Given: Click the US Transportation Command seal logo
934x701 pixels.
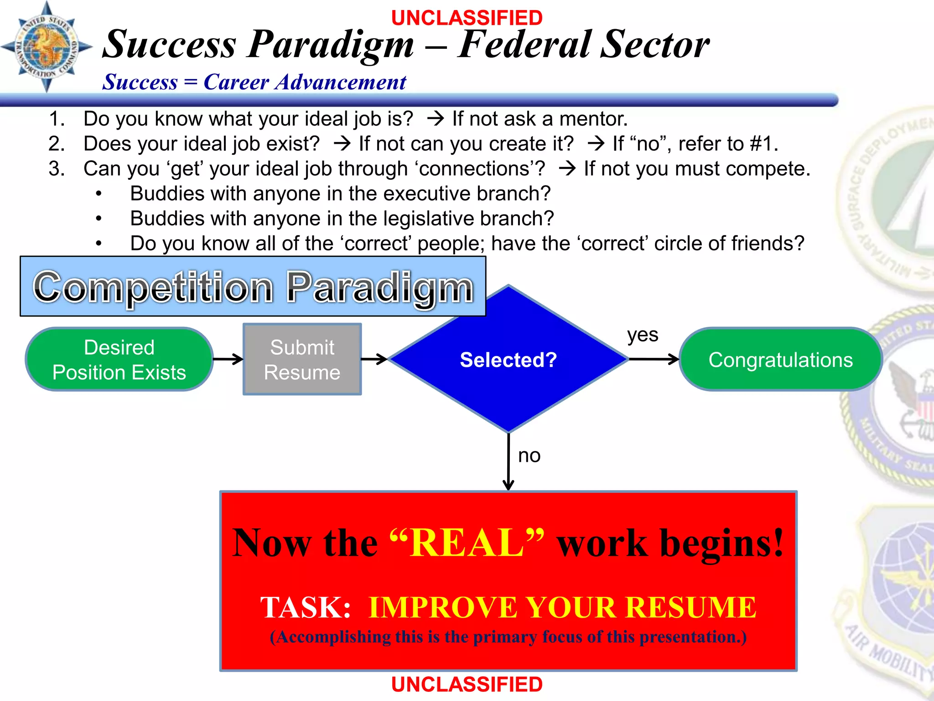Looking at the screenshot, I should pyautogui.click(x=47, y=47).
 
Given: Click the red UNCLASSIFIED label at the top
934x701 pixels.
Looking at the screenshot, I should pyautogui.click(x=467, y=18).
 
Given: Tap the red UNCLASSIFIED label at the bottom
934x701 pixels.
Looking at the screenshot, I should pyautogui.click(x=467, y=685).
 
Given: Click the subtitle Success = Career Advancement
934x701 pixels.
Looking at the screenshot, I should pyautogui.click(x=254, y=83).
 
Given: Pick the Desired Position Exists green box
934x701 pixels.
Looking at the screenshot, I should pyautogui.click(x=119, y=360).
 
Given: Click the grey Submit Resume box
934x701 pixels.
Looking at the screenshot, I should pyautogui.click(x=302, y=360).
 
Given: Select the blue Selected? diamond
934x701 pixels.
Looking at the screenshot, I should pyautogui.click(x=508, y=360).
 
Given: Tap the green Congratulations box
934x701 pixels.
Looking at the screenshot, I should pyautogui.click(x=780, y=360).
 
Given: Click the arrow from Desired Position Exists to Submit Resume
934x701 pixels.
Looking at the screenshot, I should pyautogui.click(x=228, y=359).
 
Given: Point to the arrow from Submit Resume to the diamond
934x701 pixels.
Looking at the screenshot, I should pyautogui.click(x=374, y=359).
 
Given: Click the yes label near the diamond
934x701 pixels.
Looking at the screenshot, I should pyautogui.click(x=642, y=335).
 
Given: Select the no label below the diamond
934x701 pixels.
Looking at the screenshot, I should pyautogui.click(x=529, y=455).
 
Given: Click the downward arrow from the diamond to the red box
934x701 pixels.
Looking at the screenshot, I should pyautogui.click(x=509, y=461).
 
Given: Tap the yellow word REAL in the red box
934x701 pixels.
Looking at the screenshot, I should pyautogui.click(x=467, y=543).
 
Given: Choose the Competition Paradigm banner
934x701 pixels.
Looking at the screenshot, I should pyautogui.click(x=253, y=287).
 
